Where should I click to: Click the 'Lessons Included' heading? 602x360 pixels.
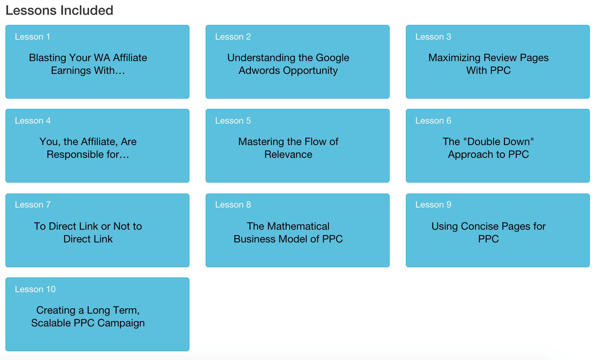click(59, 10)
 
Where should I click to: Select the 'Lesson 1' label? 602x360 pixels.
click(33, 37)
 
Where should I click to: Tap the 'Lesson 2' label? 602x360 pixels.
click(233, 37)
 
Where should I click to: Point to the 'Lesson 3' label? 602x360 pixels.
click(433, 37)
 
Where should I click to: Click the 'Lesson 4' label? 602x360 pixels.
click(33, 121)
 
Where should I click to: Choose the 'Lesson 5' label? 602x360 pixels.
click(233, 121)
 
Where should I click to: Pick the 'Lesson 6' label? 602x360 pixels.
click(433, 121)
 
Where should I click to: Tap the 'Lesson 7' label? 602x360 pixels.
click(33, 205)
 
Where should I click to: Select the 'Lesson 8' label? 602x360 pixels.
click(233, 205)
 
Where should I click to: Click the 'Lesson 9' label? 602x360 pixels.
click(433, 205)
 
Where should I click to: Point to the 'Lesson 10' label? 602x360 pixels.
click(35, 289)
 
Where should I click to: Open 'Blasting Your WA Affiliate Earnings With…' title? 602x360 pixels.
click(88, 64)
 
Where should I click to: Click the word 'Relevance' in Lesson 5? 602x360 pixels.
click(288, 154)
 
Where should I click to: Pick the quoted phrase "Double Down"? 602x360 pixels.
click(499, 141)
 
